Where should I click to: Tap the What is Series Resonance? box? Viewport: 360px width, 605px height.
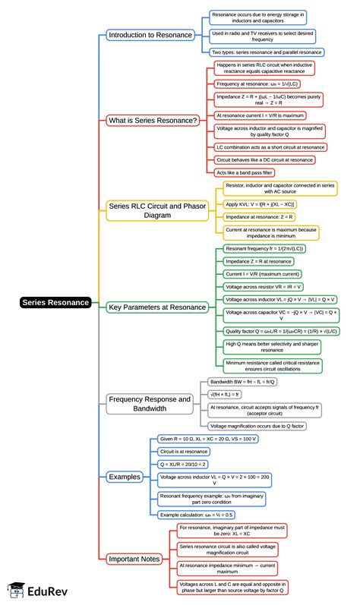tap(153, 120)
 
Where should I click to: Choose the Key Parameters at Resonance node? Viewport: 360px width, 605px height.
tap(157, 307)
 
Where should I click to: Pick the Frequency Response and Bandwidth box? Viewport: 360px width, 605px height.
tap(150, 403)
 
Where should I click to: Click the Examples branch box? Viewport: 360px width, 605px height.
tap(125, 477)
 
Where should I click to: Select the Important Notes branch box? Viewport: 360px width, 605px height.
tap(134, 559)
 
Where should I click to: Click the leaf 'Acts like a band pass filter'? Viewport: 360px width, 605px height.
tap(245, 172)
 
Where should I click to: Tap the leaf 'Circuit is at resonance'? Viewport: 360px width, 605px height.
tap(183, 451)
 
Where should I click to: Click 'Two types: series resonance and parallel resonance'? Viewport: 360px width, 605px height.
tap(267, 52)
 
